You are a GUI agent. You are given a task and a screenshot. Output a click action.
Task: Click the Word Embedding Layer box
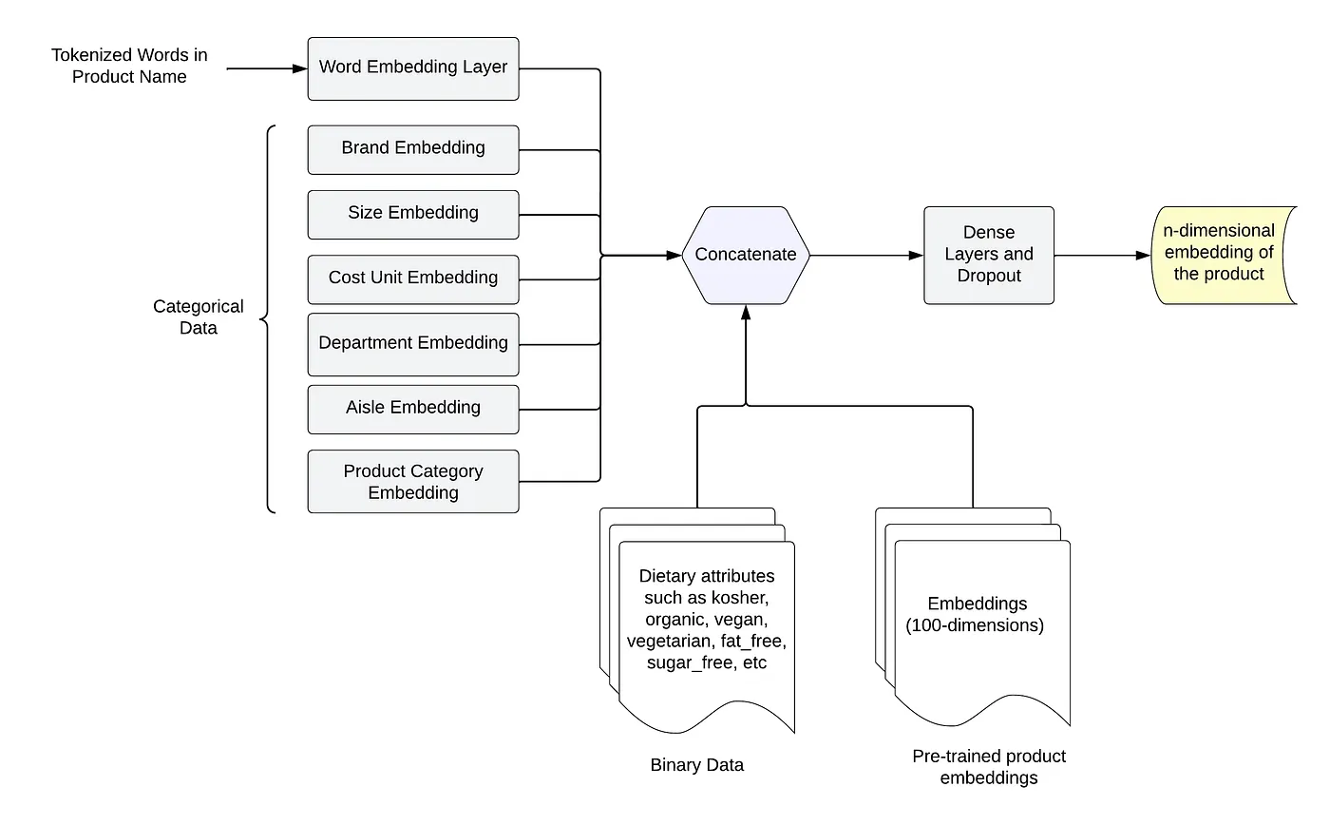(x=413, y=68)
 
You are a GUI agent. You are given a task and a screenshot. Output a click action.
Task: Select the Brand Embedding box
(x=413, y=149)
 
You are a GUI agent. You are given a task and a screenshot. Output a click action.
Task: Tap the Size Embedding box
(x=413, y=214)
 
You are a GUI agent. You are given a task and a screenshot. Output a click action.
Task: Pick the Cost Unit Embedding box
(x=413, y=278)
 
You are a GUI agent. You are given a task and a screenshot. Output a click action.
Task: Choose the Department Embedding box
(x=413, y=343)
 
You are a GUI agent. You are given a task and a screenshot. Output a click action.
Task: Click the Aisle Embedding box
(x=413, y=408)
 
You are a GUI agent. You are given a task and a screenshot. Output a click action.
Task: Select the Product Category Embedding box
(x=413, y=482)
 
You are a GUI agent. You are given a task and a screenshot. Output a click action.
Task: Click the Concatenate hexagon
(x=746, y=255)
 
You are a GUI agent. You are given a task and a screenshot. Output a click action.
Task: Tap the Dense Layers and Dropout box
(x=989, y=255)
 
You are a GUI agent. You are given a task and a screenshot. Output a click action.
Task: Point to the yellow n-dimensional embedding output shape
(x=1221, y=255)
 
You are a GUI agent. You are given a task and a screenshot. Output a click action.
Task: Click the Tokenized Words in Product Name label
(x=129, y=67)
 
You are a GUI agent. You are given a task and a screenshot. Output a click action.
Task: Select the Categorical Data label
(x=199, y=317)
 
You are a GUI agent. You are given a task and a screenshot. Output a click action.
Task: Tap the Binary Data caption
(x=697, y=765)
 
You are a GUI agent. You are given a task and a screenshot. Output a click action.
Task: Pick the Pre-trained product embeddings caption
(x=989, y=767)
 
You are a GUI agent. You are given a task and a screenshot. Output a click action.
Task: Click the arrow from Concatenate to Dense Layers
(x=866, y=255)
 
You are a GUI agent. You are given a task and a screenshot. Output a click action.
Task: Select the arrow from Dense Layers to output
(x=1102, y=255)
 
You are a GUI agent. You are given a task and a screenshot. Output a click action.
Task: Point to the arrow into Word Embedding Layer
(x=266, y=68)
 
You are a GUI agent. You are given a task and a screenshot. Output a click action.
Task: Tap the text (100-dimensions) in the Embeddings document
(x=976, y=625)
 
